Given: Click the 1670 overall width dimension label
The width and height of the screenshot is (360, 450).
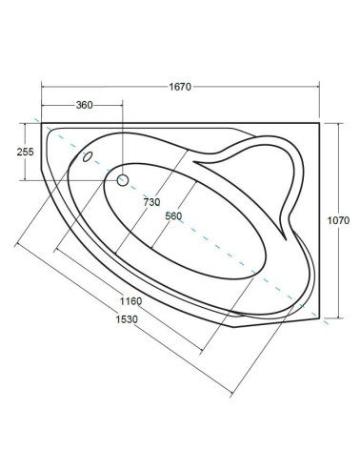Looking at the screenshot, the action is coord(180,87).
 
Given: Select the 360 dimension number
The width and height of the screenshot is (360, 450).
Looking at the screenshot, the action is coord(84,105).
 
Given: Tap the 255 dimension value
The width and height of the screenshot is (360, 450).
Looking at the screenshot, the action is coord(25,152).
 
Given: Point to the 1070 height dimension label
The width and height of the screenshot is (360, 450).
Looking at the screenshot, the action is coord(338,220).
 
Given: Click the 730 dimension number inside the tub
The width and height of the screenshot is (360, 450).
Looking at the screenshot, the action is coord(151,202).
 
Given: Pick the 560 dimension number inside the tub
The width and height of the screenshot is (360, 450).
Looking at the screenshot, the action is coord(173,216).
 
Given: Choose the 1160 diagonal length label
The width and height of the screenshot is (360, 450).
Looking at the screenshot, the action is coord(130,301).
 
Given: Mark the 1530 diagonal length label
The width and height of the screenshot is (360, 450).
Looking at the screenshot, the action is coord(127,319).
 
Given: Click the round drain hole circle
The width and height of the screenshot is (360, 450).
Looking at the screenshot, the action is coord(123,180).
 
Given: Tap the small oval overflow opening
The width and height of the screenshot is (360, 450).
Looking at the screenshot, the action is coord(88,156).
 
